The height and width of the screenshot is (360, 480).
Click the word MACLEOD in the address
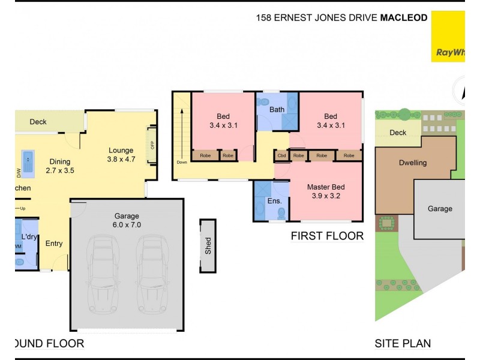(x=404, y=18)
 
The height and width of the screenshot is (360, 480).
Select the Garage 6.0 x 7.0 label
(x=127, y=220)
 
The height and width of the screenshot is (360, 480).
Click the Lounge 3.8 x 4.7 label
(x=122, y=155)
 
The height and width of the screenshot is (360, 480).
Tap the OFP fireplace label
(x=152, y=145)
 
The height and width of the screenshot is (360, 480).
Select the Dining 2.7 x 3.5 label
(x=59, y=166)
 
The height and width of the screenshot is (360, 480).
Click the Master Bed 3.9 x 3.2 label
(x=325, y=191)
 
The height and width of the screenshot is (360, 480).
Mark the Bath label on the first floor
(x=277, y=109)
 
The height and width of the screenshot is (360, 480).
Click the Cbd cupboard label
(x=281, y=156)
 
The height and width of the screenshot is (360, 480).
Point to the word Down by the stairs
(x=182, y=163)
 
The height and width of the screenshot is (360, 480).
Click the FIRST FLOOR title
(x=327, y=236)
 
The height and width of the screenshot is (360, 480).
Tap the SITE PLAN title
(x=403, y=344)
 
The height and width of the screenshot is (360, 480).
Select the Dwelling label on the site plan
(x=413, y=163)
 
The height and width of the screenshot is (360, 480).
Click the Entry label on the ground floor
(x=54, y=244)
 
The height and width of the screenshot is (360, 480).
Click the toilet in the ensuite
(x=259, y=211)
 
